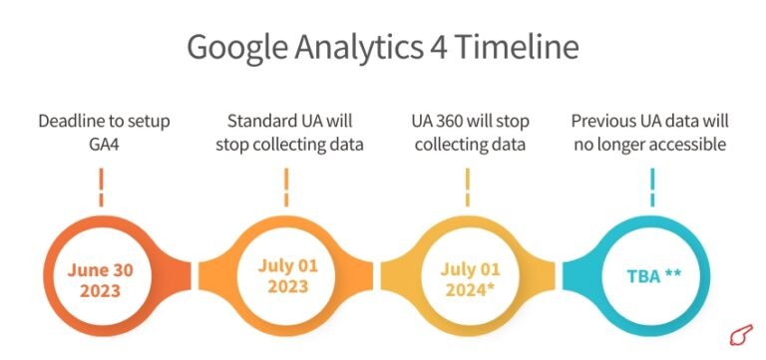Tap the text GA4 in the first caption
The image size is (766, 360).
104,145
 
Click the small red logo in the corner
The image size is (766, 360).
739,334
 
